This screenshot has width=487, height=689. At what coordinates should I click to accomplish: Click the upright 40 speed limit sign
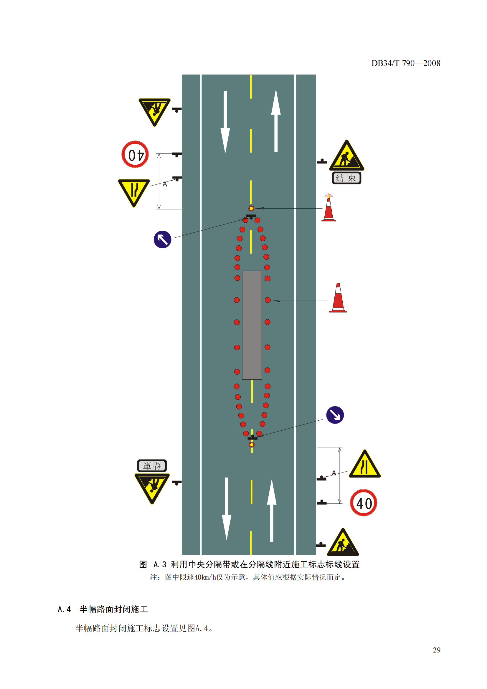click(363, 503)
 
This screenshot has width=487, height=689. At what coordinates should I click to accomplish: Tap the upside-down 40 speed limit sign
click(135, 154)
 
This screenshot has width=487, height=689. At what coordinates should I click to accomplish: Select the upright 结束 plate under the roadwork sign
click(346, 178)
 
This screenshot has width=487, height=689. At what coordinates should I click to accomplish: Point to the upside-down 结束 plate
click(152, 466)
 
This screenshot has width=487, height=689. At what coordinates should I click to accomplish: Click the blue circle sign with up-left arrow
click(162, 239)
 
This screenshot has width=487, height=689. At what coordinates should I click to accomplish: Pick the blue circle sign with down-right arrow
click(335, 415)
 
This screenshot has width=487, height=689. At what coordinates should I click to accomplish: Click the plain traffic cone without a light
click(338, 298)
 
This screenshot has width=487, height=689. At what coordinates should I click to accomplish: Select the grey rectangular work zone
click(252, 325)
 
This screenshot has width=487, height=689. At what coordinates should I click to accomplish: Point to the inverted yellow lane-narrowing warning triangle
click(134, 191)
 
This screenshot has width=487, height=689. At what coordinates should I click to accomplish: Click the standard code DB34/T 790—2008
click(406, 63)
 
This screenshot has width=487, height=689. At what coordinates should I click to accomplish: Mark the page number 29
click(437, 650)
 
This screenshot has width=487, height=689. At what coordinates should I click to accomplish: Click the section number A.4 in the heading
click(64, 609)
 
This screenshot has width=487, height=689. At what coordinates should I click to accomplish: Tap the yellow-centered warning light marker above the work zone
click(251, 208)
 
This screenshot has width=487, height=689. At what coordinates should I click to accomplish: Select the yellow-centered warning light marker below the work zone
click(252, 445)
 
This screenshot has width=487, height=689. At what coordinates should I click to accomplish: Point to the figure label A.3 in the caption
click(160, 564)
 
